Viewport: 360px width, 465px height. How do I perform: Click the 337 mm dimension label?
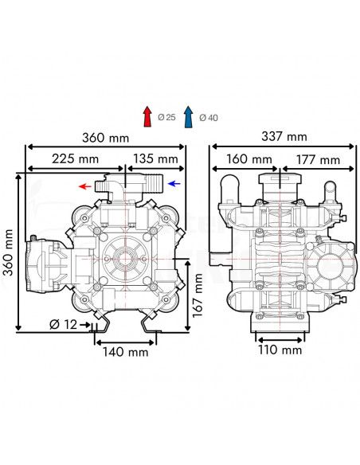pos(284,136)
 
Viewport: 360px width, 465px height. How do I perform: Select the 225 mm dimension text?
pos(76,158)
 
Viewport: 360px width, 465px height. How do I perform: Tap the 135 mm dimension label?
pos(155,158)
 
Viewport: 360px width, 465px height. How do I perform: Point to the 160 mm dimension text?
pos(249,159)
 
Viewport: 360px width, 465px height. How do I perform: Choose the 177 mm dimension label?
pos(318,160)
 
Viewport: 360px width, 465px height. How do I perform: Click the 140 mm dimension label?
pos(125,352)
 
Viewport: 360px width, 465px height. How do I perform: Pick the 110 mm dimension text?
pos(280,350)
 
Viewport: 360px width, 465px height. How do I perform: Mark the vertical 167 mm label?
pos(198,295)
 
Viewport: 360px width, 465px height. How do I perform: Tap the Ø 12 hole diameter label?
pos(63,324)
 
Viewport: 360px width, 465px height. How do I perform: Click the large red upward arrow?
pos(147,116)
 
